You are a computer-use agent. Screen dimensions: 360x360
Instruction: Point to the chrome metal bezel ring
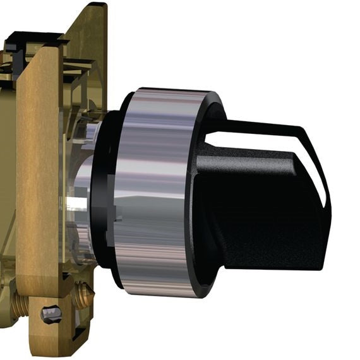pos(155,189)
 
